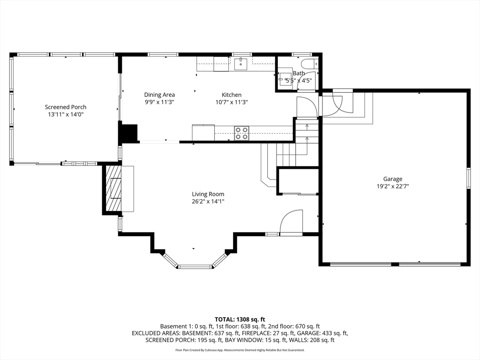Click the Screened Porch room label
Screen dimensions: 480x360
tap(66, 107)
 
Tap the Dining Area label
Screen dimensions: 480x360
tap(159, 95)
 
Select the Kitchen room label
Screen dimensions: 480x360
tap(232, 95)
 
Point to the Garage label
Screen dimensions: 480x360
tap(393, 179)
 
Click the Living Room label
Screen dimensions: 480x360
tap(208, 194)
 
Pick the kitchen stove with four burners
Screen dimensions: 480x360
tap(241, 133)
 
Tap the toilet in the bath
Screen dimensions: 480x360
tap(310, 64)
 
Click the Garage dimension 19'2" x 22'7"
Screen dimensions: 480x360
tap(393, 187)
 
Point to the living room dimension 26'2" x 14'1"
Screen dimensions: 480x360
tap(208, 202)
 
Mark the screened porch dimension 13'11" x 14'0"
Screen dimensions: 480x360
tap(66, 114)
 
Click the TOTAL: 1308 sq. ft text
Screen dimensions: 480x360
tap(240, 320)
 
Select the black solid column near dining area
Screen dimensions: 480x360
tap(128, 133)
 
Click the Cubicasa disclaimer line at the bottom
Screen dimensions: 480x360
tap(240, 350)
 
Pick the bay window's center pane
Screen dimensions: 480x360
tap(195, 267)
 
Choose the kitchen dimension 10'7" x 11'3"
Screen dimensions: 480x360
tap(232, 102)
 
